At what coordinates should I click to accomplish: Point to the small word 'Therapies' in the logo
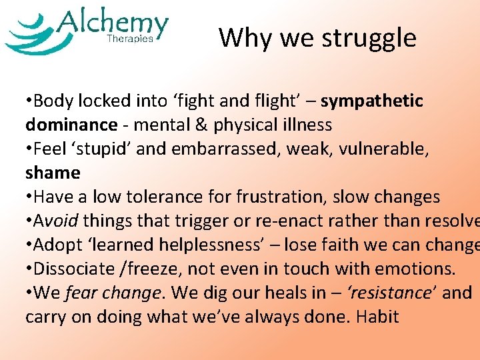pyautogui.click(x=130, y=39)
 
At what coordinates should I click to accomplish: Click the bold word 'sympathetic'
pyautogui.click(x=372, y=101)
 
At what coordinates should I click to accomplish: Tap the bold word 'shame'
pyautogui.click(x=53, y=173)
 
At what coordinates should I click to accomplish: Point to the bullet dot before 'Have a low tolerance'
pyautogui.click(x=29, y=197)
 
